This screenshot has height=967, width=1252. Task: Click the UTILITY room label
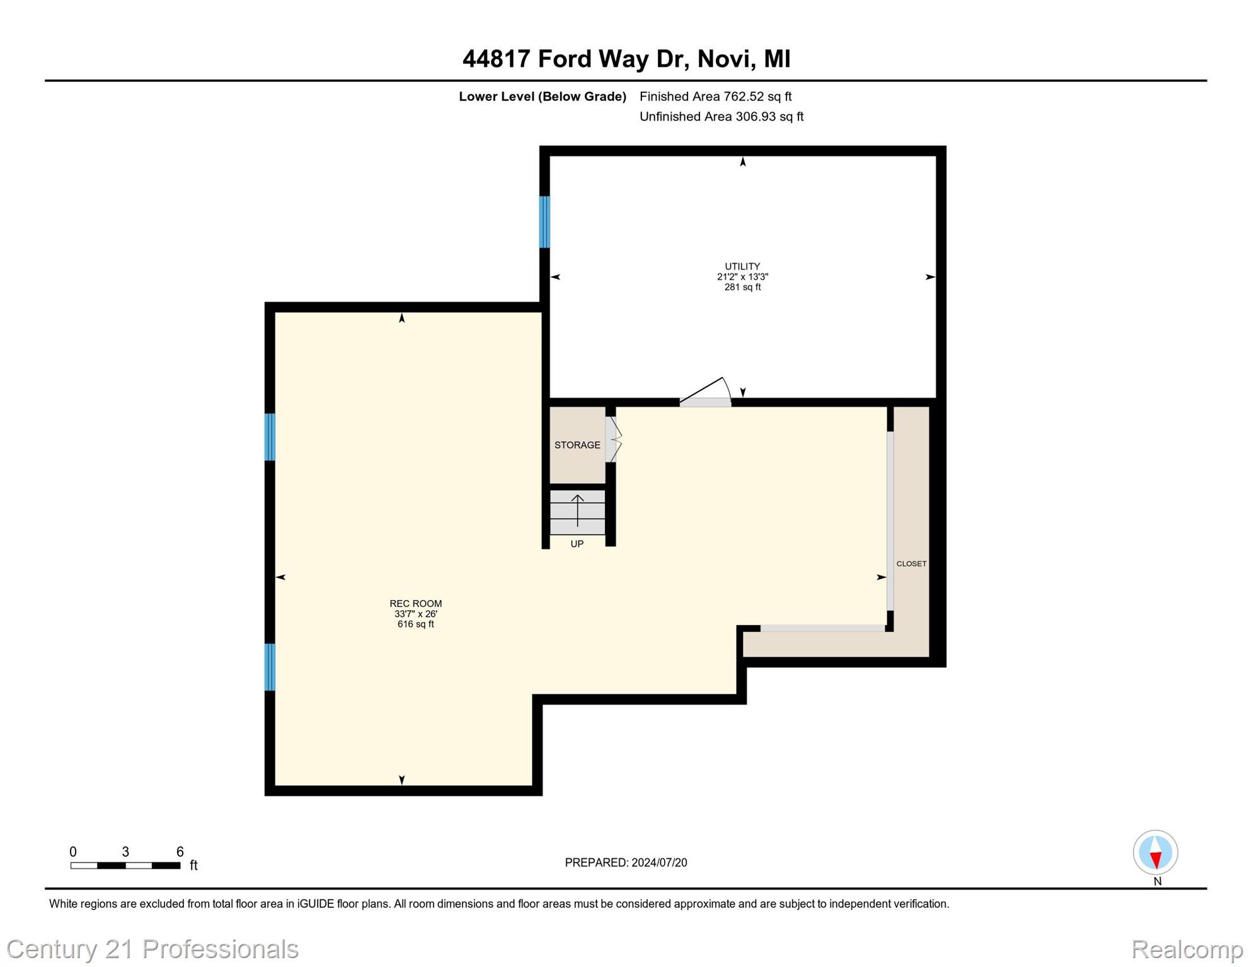coord(742,266)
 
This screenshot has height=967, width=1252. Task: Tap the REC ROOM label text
coord(415,603)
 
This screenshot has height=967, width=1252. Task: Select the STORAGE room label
coord(577,445)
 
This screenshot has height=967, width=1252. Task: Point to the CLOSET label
coord(910,563)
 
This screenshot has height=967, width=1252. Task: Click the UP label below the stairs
coord(577,544)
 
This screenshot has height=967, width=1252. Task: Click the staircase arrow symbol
coord(577,511)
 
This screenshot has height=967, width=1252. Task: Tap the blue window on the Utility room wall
coord(544,222)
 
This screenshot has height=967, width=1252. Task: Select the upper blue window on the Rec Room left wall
coord(270,437)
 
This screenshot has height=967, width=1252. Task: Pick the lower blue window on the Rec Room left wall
coord(270,667)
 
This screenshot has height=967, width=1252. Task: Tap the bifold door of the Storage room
coord(613,439)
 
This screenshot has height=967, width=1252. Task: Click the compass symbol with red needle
coord(1155,852)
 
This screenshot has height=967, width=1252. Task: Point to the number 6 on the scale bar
coord(180,852)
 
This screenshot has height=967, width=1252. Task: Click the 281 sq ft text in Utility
coord(742,287)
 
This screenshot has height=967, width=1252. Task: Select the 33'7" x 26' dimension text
coord(415,614)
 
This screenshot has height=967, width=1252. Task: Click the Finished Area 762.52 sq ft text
coord(715,96)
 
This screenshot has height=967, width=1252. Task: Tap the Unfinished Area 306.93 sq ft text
coord(721,116)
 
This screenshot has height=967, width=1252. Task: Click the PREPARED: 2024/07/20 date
coord(625,862)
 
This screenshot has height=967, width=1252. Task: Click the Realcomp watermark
coord(1186,949)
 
